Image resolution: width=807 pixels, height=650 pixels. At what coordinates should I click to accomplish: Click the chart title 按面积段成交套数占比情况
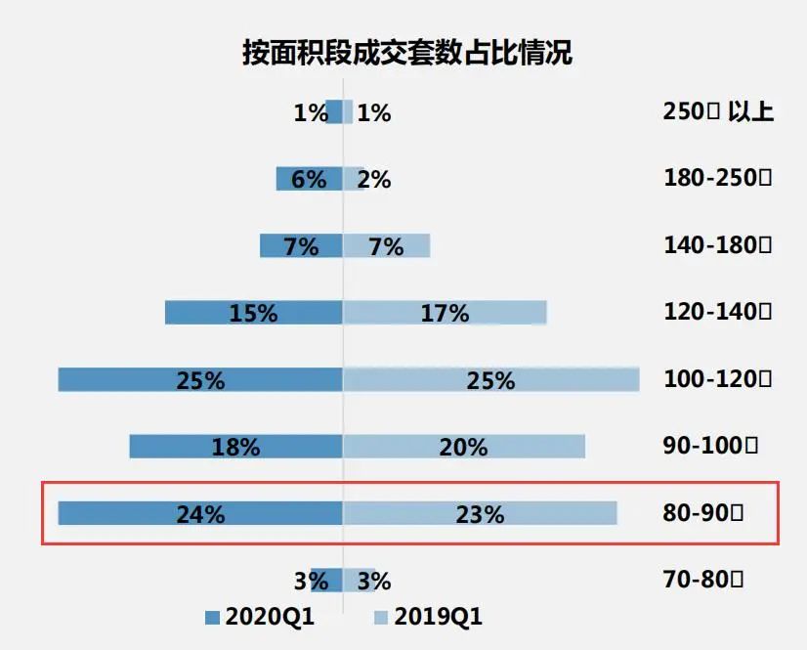(406, 53)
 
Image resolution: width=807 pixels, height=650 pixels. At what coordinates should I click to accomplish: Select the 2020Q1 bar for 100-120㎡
(200, 379)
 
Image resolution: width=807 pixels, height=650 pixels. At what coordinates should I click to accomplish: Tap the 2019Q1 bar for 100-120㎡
(491, 379)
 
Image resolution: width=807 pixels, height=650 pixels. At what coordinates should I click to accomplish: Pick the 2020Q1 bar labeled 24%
(200, 512)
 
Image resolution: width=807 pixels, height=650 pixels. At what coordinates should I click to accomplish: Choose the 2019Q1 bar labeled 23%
(480, 512)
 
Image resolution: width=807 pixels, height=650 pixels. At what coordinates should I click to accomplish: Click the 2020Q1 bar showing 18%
(235, 446)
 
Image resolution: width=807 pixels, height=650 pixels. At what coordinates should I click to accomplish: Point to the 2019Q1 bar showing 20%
(464, 446)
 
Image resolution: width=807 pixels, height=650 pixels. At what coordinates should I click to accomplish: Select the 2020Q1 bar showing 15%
(253, 313)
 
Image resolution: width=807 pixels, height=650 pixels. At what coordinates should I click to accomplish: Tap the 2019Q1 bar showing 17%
(445, 313)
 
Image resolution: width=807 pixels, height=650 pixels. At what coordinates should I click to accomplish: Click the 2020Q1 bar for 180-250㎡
(309, 179)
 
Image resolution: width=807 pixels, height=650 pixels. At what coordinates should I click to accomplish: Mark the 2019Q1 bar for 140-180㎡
(387, 245)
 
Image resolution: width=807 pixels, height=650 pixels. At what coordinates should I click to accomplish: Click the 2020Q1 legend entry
(259, 617)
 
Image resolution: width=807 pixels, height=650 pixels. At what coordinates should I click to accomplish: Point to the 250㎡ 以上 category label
(718, 111)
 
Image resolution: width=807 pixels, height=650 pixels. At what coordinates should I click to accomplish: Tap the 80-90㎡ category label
(703, 512)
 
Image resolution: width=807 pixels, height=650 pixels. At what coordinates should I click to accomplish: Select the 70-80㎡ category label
(703, 580)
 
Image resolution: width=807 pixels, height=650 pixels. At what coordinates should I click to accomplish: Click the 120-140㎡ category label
(718, 313)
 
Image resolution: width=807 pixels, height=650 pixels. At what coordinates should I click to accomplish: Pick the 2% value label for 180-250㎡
(374, 180)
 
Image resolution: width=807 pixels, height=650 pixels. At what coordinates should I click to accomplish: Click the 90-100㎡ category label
(710, 446)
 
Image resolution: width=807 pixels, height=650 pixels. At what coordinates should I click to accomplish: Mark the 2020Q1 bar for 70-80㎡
(327, 580)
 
